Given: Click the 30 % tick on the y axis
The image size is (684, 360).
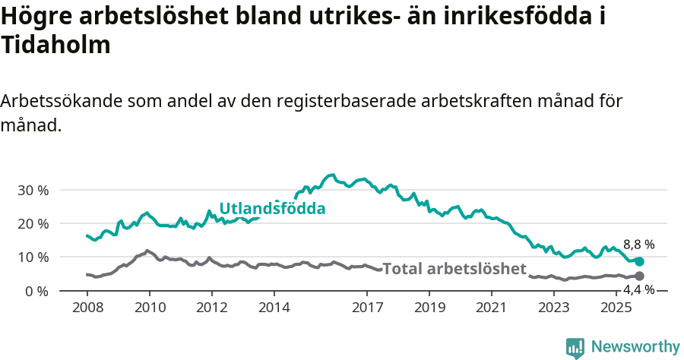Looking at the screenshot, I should tap(32, 190).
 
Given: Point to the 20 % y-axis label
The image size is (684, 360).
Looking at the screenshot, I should tap(32, 223).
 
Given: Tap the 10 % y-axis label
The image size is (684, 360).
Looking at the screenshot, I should tap(32, 257).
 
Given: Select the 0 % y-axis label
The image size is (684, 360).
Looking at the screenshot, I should tap(36, 291).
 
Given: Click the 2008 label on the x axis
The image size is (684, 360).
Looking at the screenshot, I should tap(87, 308).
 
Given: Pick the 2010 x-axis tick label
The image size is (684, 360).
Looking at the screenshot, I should tap(150, 308).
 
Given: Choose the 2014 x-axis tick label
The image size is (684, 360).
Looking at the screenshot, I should tap(274, 308).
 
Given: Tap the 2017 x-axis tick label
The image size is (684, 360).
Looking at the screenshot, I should tap(368, 308).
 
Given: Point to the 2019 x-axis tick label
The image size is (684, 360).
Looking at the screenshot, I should tap(430, 308).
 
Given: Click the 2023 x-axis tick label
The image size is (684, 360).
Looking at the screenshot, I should tap(554, 308).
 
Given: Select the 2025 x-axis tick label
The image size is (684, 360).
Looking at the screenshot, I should tap(616, 308).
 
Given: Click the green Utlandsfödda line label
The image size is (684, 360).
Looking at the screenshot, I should tap(272, 209).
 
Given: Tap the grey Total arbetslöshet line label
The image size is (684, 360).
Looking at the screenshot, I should tap(454, 269).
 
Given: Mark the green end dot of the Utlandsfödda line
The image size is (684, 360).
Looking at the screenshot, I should tap(639, 261).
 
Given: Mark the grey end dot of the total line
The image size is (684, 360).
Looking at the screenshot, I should tap(639, 276).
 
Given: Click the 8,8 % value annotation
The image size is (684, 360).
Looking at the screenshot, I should tap(638, 245).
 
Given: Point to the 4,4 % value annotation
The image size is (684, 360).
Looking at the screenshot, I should tap(638, 290).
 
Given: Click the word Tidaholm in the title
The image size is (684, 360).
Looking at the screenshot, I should tap(56, 45).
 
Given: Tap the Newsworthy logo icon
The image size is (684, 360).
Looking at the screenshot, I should tap(575, 347).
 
